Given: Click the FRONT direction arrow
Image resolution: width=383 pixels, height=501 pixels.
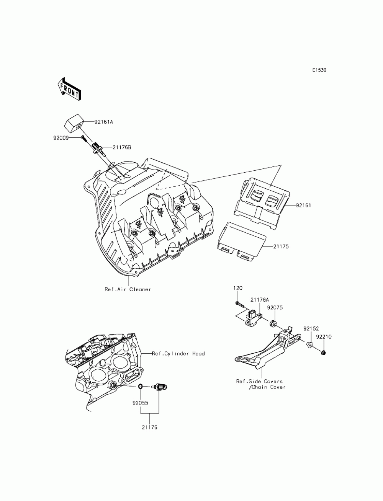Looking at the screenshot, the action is pyautogui.click(x=69, y=89).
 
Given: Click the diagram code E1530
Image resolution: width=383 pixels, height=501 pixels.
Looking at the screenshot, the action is pyautogui.click(x=319, y=70).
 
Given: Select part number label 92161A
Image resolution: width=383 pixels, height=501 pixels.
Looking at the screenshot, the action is pyautogui.click(x=104, y=122).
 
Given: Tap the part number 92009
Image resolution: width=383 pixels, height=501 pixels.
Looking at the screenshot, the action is pyautogui.click(x=61, y=138).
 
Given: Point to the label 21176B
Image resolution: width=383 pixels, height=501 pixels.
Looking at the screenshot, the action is pyautogui.click(x=121, y=148).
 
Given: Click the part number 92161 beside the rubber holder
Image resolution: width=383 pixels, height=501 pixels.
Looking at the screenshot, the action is pyautogui.click(x=303, y=206).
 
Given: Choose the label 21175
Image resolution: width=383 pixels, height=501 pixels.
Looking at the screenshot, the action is pyautogui.click(x=281, y=246).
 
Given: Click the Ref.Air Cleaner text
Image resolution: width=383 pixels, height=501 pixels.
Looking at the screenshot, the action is pyautogui.click(x=128, y=289).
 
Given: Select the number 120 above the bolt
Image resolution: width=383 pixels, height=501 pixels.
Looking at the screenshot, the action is pyautogui.click(x=238, y=288).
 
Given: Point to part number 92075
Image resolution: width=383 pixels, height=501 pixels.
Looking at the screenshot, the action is pyautogui.click(x=275, y=308).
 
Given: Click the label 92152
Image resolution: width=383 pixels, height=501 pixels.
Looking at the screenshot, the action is pyautogui.click(x=311, y=329).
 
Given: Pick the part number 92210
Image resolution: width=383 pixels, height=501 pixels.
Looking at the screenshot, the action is pyautogui.click(x=324, y=337).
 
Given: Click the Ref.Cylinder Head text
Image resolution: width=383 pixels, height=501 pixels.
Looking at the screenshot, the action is pyautogui.click(x=178, y=354).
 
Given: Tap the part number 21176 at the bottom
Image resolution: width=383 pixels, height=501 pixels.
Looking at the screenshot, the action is pyautogui.click(x=150, y=427).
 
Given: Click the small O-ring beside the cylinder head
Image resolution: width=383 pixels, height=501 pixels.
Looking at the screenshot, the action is pyautogui.click(x=140, y=387).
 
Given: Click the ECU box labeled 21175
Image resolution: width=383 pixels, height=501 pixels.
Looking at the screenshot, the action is pyautogui.click(x=241, y=242).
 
